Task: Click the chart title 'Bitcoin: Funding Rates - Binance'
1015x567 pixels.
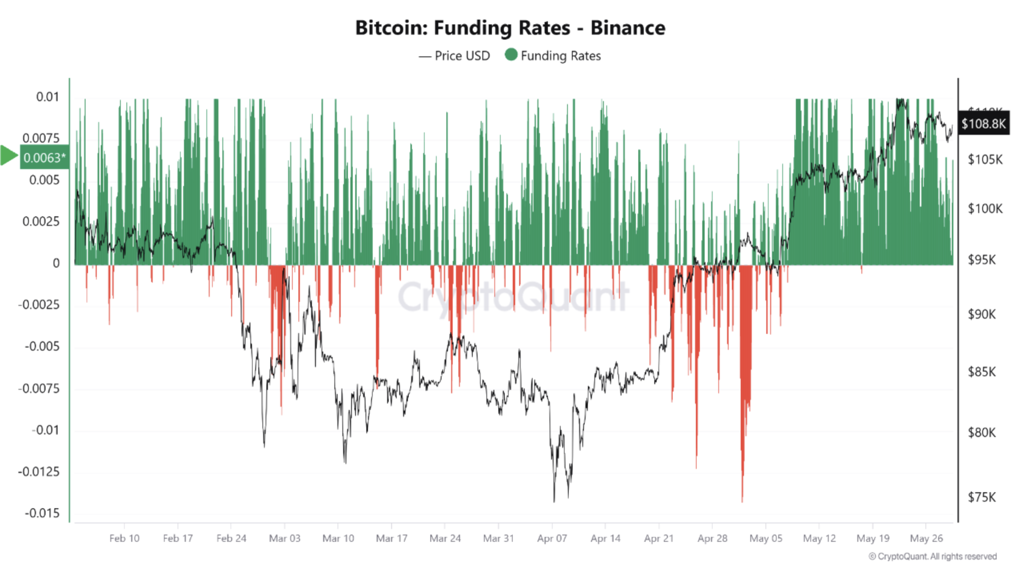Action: (x=510, y=28)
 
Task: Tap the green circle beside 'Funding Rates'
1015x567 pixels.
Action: (x=511, y=55)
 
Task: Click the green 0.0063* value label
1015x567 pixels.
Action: (x=44, y=158)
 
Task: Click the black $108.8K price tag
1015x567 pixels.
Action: (x=983, y=124)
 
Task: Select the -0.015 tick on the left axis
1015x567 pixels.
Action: (x=42, y=513)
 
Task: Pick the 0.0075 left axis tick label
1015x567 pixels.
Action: (x=41, y=138)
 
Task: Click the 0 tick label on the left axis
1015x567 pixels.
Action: (x=56, y=263)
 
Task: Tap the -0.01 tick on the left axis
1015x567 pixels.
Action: (x=45, y=430)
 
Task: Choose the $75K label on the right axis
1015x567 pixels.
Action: (x=981, y=497)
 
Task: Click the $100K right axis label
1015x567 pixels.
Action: (x=985, y=209)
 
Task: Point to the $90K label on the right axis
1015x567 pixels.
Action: (x=981, y=314)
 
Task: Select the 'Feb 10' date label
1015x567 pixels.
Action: (x=124, y=539)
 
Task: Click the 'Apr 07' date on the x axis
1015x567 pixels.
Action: (x=552, y=539)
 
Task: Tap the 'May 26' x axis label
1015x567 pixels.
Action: (x=926, y=539)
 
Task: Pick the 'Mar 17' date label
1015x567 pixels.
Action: (x=392, y=539)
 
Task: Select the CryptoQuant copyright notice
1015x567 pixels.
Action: (x=933, y=557)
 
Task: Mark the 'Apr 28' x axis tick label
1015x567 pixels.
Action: (x=712, y=539)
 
